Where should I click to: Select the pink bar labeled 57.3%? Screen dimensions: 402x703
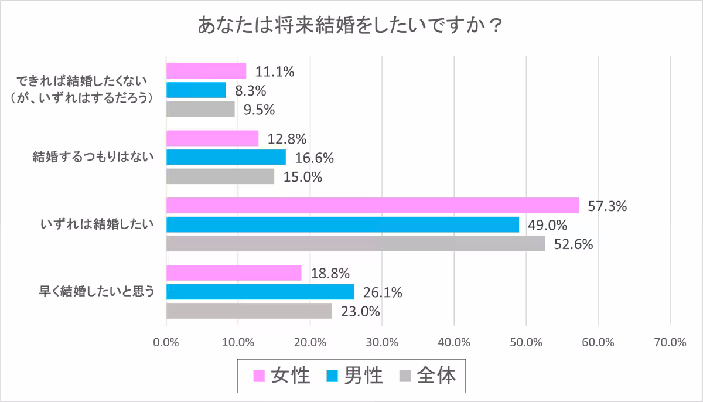372,205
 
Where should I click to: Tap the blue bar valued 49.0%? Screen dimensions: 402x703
342,224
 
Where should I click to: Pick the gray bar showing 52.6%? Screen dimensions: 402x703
355,243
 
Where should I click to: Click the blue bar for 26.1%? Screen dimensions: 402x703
260,291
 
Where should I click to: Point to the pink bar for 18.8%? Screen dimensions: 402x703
234,272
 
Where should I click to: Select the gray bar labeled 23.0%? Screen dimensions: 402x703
249,311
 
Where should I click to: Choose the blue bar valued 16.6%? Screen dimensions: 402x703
226,157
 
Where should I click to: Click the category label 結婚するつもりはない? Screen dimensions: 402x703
93,157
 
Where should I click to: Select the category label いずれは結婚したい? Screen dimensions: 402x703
97,224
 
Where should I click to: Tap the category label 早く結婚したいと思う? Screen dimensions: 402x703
93,291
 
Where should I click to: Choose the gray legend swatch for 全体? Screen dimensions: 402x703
405,376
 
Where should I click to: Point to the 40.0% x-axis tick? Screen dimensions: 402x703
454,342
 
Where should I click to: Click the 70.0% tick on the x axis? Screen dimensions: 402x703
670,342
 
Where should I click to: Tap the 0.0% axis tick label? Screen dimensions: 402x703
166,342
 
